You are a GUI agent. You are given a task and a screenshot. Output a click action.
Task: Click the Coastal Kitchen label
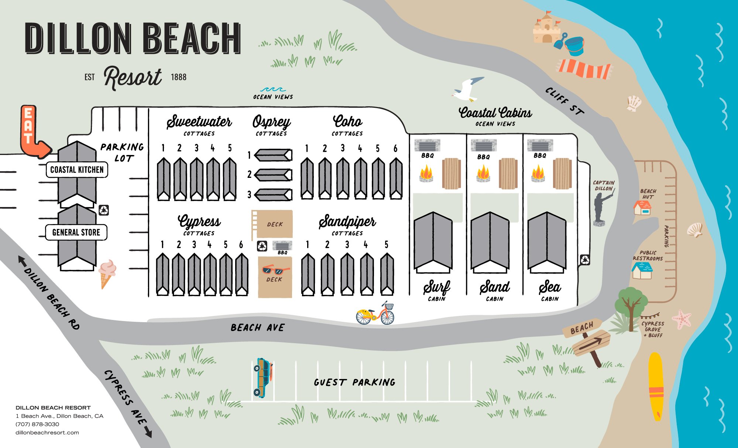tap(77, 170)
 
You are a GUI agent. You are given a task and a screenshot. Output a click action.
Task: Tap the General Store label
tap(76, 232)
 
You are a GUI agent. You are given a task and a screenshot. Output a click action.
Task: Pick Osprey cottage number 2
tap(273, 175)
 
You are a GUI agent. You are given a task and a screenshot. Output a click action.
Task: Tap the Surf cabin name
tap(437, 287)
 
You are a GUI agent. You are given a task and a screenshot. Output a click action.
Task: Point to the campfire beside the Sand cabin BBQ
tap(483, 173)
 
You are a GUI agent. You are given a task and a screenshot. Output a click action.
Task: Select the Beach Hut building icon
tap(642, 208)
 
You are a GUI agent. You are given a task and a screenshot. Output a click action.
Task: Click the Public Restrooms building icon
tap(642, 270)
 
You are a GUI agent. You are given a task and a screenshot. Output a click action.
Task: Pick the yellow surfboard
tap(656, 386)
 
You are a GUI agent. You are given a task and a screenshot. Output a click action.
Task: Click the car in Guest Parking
tap(263, 378)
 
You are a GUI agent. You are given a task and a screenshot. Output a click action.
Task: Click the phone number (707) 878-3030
tap(37, 424)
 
